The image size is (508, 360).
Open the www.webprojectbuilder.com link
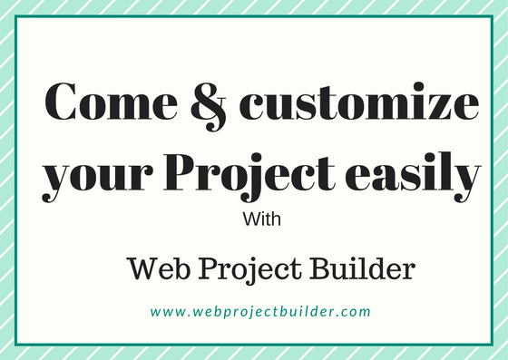coord(260,312)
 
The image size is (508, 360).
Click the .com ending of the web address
coord(356,312)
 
